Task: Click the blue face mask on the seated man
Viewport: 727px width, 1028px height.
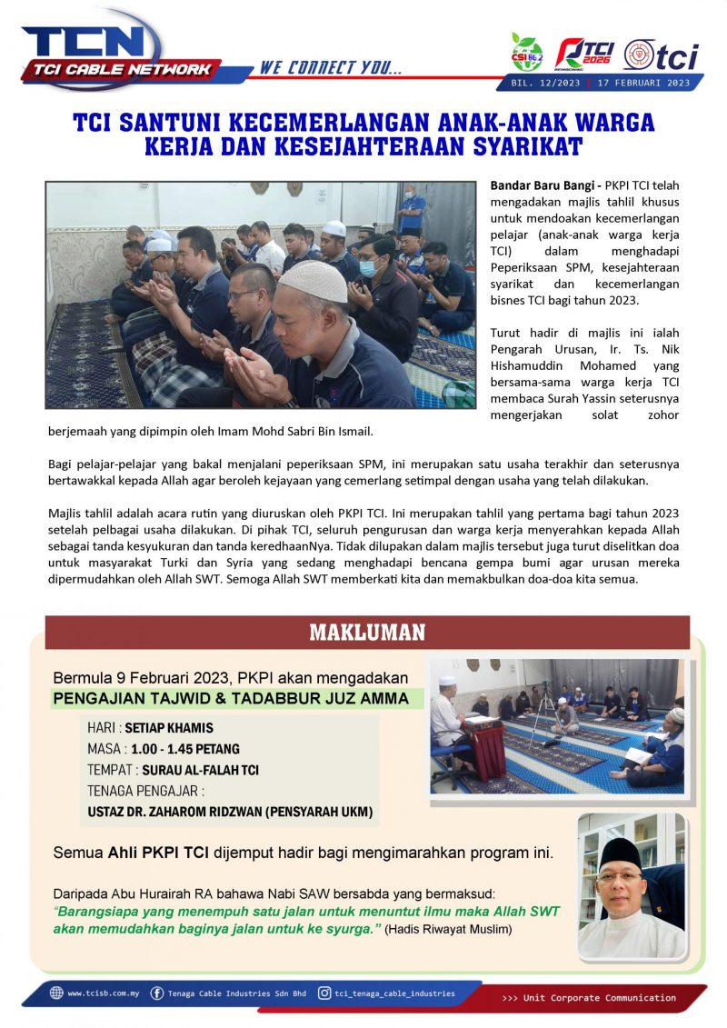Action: (367, 268)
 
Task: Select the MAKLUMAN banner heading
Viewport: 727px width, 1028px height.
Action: (367, 632)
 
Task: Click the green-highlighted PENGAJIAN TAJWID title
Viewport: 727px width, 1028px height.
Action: (237, 699)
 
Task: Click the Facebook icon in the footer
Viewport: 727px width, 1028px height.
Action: (157, 993)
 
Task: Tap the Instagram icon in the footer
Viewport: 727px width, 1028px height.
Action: (324, 993)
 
